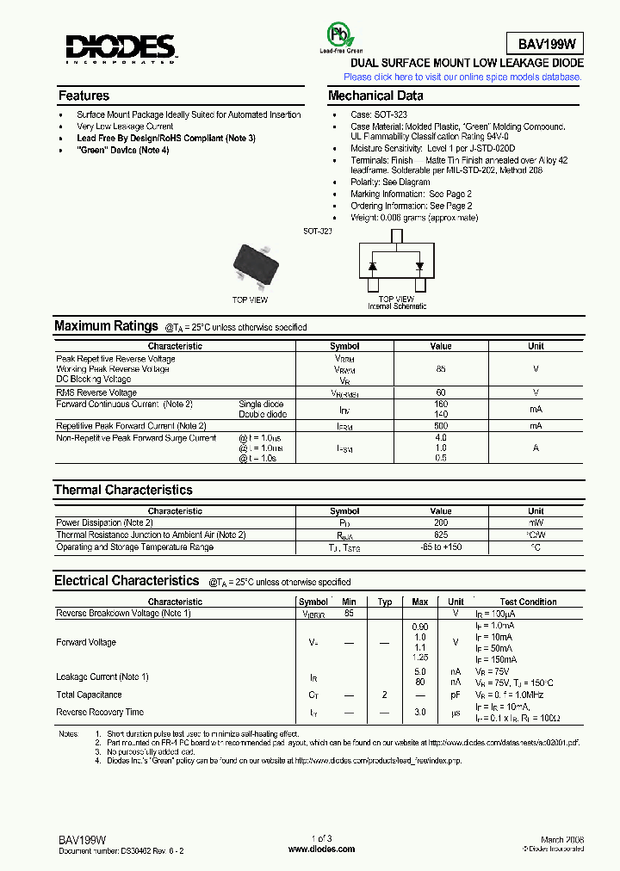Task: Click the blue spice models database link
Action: (x=462, y=77)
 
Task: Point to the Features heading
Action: (x=84, y=96)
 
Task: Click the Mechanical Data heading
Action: (x=375, y=96)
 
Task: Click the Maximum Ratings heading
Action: (x=106, y=326)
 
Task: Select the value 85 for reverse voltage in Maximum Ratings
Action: (x=441, y=368)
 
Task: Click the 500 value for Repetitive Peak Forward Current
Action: (x=441, y=426)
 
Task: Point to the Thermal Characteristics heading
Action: (x=123, y=490)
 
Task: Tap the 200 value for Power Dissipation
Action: (x=441, y=522)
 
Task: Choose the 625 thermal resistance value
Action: (x=441, y=534)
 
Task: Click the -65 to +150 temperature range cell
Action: (x=441, y=547)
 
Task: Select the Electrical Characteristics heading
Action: (x=127, y=581)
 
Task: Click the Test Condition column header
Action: (x=528, y=602)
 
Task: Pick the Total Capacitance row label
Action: (x=89, y=695)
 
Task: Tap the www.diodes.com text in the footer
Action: (x=321, y=849)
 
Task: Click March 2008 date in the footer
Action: (x=563, y=839)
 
